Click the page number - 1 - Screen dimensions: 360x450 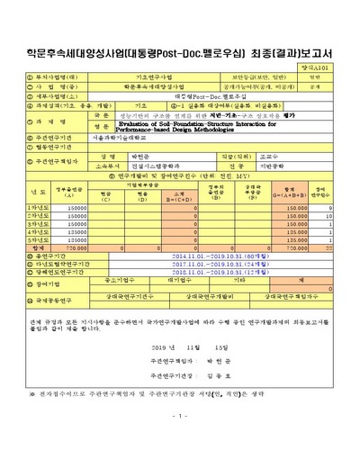pos(180,441)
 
